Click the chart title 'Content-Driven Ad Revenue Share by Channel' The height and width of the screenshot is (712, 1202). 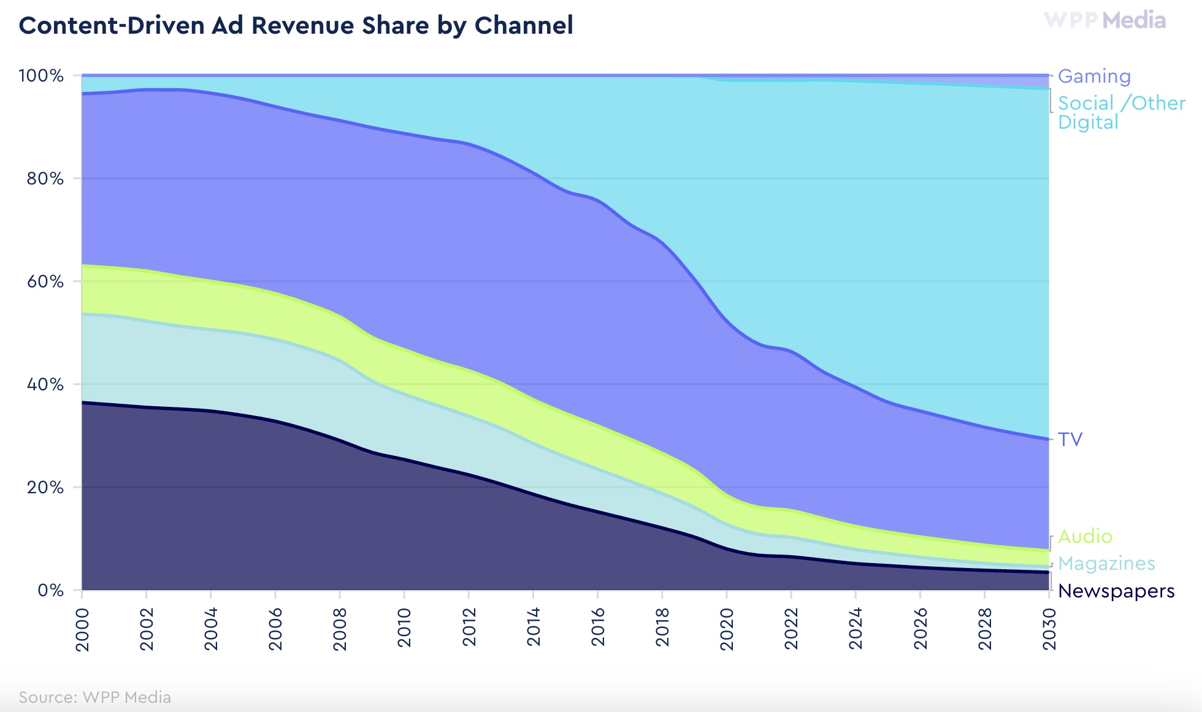pos(296,26)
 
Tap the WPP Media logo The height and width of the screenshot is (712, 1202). pos(1104,20)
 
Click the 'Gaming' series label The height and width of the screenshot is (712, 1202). pos(1094,76)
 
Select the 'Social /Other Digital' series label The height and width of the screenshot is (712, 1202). pos(1121,112)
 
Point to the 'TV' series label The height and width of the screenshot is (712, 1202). pos(1070,439)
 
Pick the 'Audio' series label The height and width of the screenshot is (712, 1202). pos(1085,536)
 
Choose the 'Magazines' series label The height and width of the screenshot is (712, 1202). pos(1106,563)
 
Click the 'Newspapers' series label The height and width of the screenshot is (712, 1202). pos(1116,591)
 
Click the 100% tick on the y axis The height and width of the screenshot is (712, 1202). pos(41,75)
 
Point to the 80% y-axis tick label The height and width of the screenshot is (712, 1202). pos(45,178)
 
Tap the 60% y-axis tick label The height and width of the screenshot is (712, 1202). pos(45,281)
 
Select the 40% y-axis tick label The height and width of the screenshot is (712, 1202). pos(45,384)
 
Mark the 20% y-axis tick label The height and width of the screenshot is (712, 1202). pos(45,487)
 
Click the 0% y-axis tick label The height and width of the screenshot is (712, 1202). pos(50,590)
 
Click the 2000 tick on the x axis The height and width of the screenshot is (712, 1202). pos(82,629)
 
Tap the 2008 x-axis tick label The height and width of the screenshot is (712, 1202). pos(340,629)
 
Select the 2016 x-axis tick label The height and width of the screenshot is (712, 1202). pos(598,629)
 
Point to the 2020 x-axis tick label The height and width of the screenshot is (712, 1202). pos(727,629)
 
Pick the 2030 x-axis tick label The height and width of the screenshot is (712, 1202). pos(1049,629)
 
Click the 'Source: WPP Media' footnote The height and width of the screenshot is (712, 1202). pos(94,697)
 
